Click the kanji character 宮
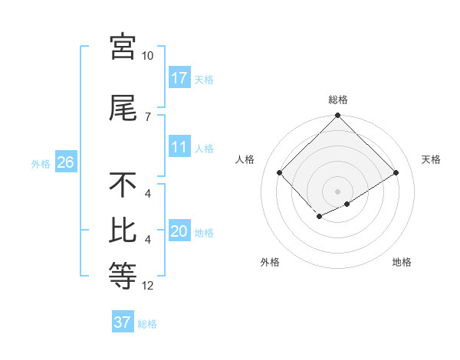[123, 47]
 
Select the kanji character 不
[123, 185]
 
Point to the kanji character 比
[123, 231]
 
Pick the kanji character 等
[123, 274]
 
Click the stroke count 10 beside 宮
[148, 56]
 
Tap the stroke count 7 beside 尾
[148, 116]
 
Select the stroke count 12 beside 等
[148, 286]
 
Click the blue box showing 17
[179, 77]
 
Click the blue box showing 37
[123, 322]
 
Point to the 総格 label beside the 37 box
[148, 324]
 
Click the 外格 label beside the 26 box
[41, 163]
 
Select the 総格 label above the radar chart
[337, 100]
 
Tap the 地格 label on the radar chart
[402, 262]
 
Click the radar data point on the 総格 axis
[337, 116]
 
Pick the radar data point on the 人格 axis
[280, 172]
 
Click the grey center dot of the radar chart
[337, 191]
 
